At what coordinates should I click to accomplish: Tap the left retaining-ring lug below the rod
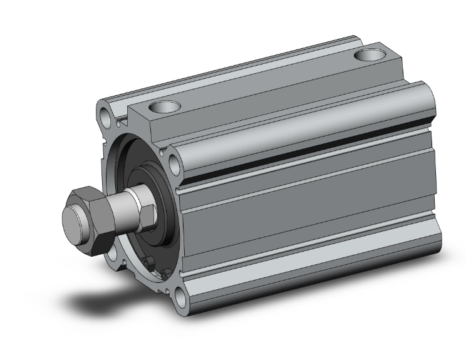pyautogui.click(x=148, y=262)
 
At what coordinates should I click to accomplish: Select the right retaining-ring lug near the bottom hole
pyautogui.click(x=163, y=273)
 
